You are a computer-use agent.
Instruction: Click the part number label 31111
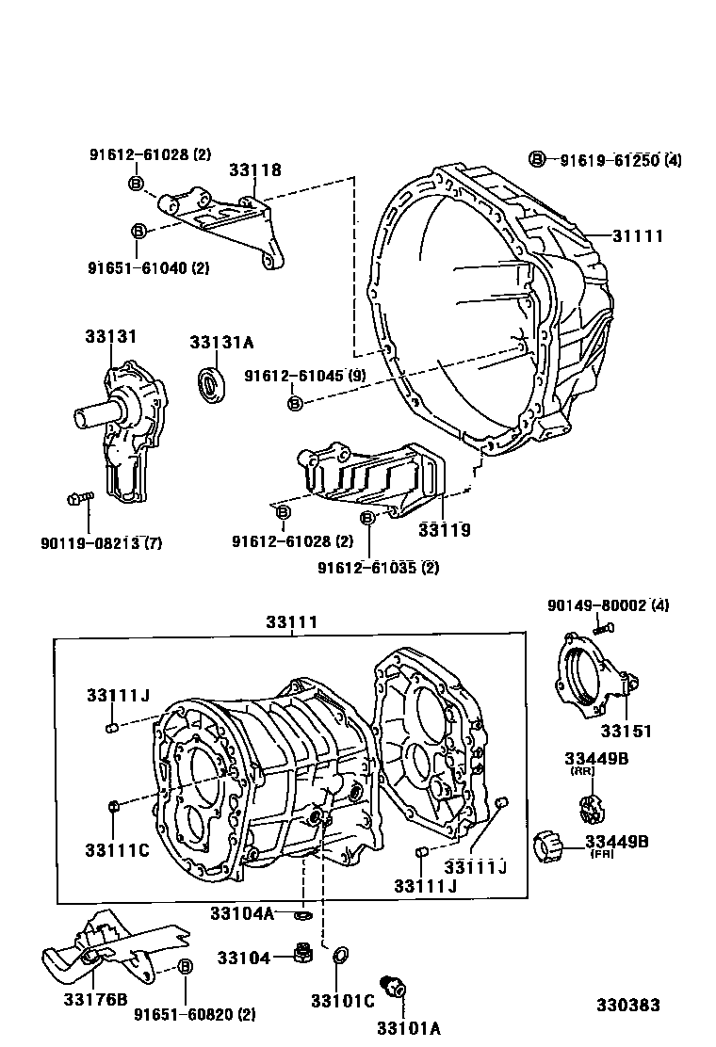pyautogui.click(x=638, y=235)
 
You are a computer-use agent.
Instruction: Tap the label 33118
pyautogui.click(x=255, y=170)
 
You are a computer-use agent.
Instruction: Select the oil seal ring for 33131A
pyautogui.click(x=212, y=385)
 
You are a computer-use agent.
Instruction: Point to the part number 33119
pyautogui.click(x=445, y=530)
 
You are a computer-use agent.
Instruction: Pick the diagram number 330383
pyautogui.click(x=626, y=1006)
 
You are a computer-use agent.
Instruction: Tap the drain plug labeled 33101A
pyautogui.click(x=393, y=986)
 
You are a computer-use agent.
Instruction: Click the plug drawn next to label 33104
pyautogui.click(x=304, y=954)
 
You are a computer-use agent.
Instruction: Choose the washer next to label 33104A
pyautogui.click(x=301, y=914)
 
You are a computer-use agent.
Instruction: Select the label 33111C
pyautogui.click(x=118, y=850)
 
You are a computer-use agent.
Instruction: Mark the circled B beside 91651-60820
pyautogui.click(x=185, y=967)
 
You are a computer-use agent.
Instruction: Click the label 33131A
pyautogui.click(x=221, y=343)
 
